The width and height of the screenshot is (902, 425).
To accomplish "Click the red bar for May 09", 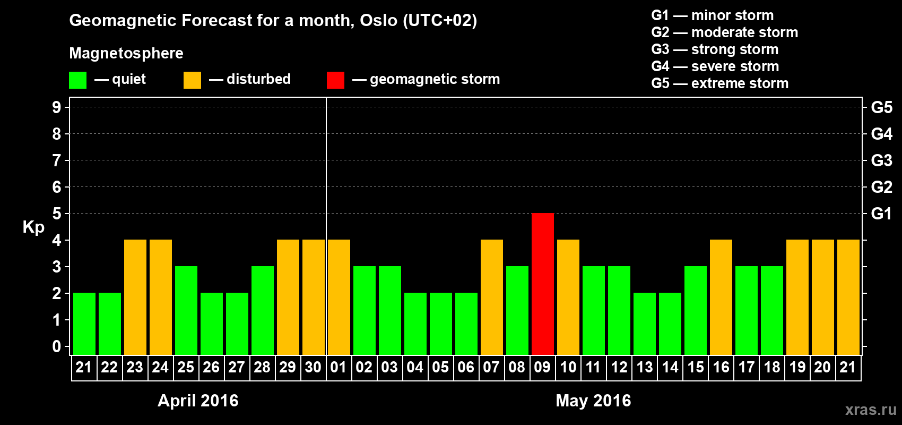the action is point(542,284).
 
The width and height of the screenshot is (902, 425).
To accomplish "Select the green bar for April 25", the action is point(186,310).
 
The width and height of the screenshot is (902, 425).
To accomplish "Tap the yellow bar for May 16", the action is point(721,297).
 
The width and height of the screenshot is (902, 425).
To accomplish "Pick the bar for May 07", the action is point(492,297).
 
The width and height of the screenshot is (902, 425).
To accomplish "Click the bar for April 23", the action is point(135,297).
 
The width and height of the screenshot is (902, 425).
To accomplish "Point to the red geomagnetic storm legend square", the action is point(336,80).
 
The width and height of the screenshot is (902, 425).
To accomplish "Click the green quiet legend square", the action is point(77,80).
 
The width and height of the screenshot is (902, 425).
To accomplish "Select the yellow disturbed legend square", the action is point(192,80).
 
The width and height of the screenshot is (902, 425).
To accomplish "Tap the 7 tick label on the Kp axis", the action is point(56,160).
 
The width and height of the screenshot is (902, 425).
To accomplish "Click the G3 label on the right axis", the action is point(881,160).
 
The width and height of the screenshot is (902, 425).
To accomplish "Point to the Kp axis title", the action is point(33,227).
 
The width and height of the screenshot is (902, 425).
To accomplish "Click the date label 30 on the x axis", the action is point(313,367).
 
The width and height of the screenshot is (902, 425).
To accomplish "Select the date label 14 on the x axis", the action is point(670,367).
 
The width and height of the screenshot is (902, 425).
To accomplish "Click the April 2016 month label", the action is point(198,401).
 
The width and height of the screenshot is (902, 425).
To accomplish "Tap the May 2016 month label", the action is point(594,401).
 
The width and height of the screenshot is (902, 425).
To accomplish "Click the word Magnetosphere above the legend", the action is point(126,53).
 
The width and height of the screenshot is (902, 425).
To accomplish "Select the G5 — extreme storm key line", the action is point(720,83).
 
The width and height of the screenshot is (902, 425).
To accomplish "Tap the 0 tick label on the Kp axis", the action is point(56,346).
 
